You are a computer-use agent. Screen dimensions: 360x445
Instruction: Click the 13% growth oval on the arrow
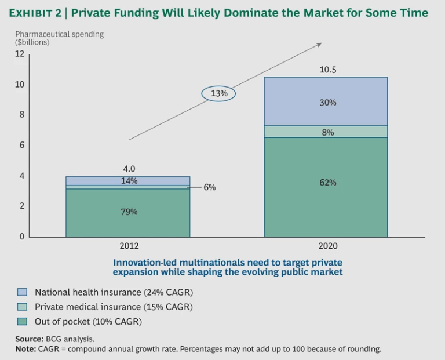coord(218,93)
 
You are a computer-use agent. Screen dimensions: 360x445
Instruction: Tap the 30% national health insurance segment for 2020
coord(326,102)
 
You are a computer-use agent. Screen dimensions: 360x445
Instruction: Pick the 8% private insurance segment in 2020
coord(326,132)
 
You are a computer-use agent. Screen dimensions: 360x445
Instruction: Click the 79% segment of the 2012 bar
coord(128,212)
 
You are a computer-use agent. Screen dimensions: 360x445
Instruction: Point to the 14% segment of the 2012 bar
coord(128,181)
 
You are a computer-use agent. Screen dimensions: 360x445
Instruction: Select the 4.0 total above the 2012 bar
coord(128,169)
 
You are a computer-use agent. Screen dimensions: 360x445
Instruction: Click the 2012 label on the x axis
coord(129,246)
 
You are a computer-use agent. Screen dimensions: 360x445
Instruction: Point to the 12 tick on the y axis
coord(20,54)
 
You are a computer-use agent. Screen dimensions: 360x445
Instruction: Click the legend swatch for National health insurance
coord(22,292)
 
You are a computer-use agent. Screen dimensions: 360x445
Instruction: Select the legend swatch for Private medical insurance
coord(22,307)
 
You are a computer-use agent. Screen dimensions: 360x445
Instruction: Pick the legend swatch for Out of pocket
coord(22,321)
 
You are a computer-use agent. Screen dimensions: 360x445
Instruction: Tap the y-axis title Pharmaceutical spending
coord(59,34)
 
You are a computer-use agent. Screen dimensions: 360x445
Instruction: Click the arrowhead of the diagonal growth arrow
coord(319,44)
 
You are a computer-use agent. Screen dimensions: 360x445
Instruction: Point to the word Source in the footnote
coord(28,339)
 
